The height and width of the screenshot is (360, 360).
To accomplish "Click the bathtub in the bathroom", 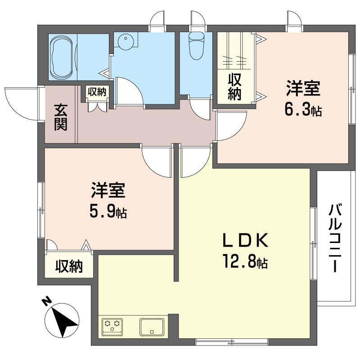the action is click(x=63, y=57).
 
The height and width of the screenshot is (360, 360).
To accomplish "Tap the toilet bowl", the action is click(x=196, y=46).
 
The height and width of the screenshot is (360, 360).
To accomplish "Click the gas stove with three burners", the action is click(x=112, y=326).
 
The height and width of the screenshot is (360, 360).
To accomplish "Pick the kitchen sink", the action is click(x=152, y=327).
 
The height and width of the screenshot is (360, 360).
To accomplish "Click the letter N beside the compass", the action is click(x=46, y=302).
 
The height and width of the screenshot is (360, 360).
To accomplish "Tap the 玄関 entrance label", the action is click(x=60, y=117).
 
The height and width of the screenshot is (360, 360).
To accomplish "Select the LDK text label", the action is click(x=245, y=240).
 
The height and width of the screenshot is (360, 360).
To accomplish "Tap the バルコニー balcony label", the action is click(x=335, y=238).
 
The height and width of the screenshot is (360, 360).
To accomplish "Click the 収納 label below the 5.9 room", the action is click(x=69, y=266).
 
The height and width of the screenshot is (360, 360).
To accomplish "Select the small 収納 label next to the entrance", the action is click(x=97, y=92).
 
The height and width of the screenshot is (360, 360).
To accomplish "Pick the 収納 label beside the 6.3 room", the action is click(x=234, y=87).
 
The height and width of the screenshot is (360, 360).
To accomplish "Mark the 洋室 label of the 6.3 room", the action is click(x=303, y=88).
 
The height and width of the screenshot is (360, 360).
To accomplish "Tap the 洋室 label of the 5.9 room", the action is click(x=108, y=190).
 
